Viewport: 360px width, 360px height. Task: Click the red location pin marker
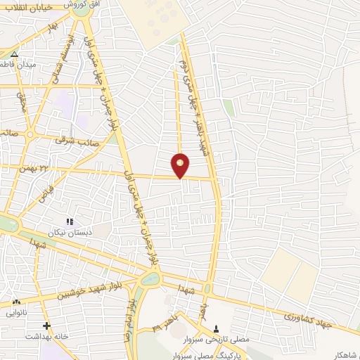tap(181, 165)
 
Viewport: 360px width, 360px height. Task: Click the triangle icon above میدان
tap(15, 53)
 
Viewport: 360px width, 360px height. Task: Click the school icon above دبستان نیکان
tap(69, 221)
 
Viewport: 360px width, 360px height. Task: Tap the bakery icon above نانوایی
tap(15, 302)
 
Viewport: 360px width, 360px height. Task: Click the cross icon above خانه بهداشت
tap(46, 326)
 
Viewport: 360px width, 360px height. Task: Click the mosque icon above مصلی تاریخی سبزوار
tap(216, 328)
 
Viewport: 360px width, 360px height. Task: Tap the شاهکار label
tap(342, 354)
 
